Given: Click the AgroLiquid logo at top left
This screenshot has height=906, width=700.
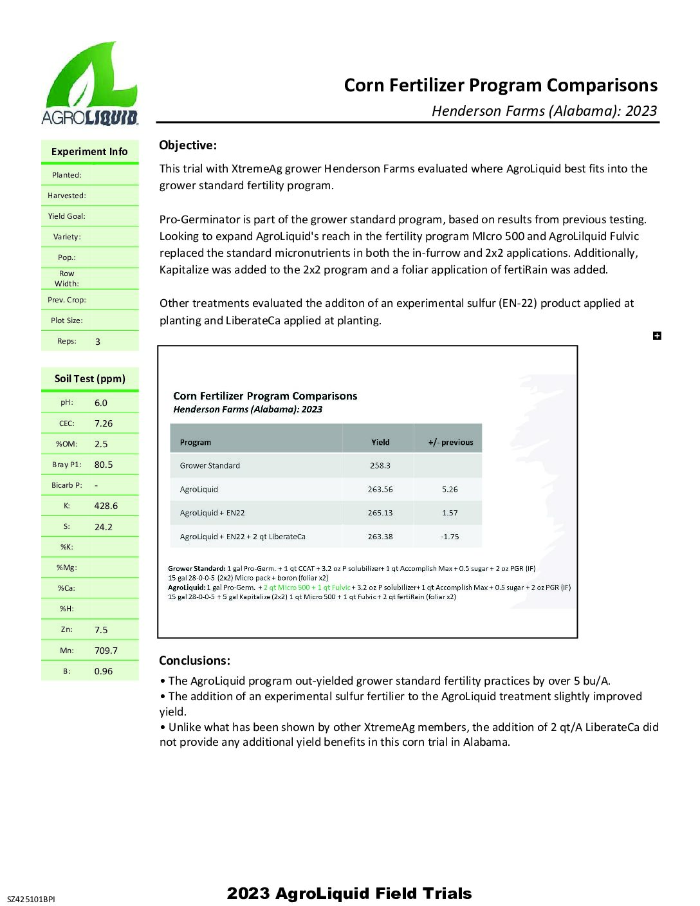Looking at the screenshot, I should (90, 84).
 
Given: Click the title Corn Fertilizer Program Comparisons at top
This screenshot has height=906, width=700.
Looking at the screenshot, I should (501, 86).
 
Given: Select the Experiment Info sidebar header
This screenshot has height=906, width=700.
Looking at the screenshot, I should (89, 152).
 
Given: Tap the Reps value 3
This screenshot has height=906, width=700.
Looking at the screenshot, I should (98, 342).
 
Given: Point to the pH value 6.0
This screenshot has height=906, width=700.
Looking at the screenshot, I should (101, 403).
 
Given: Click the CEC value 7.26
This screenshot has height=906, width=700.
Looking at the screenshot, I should (104, 423).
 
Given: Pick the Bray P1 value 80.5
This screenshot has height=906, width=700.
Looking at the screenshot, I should (104, 465).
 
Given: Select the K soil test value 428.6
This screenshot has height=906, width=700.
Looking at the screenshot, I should (106, 506).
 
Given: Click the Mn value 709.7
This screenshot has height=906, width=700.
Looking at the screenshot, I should (106, 651).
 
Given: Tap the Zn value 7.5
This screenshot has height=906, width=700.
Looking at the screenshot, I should (101, 630).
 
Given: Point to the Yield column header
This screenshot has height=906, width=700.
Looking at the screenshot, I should (380, 443).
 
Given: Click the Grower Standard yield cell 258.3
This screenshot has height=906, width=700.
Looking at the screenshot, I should (380, 466).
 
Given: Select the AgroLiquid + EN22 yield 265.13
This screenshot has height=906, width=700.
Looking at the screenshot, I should (380, 513).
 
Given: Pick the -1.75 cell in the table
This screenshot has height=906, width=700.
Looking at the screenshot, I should (450, 537).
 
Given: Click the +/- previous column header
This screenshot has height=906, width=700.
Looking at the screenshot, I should (450, 443).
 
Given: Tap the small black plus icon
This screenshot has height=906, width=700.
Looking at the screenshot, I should (657, 336).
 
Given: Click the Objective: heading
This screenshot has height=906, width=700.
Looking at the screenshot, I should (188, 145).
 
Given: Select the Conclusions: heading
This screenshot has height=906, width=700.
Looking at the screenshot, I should (194, 661).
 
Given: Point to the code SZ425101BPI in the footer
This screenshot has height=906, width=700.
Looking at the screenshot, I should (31, 899).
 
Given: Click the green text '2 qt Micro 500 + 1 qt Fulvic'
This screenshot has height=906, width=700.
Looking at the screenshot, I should (307, 587).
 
